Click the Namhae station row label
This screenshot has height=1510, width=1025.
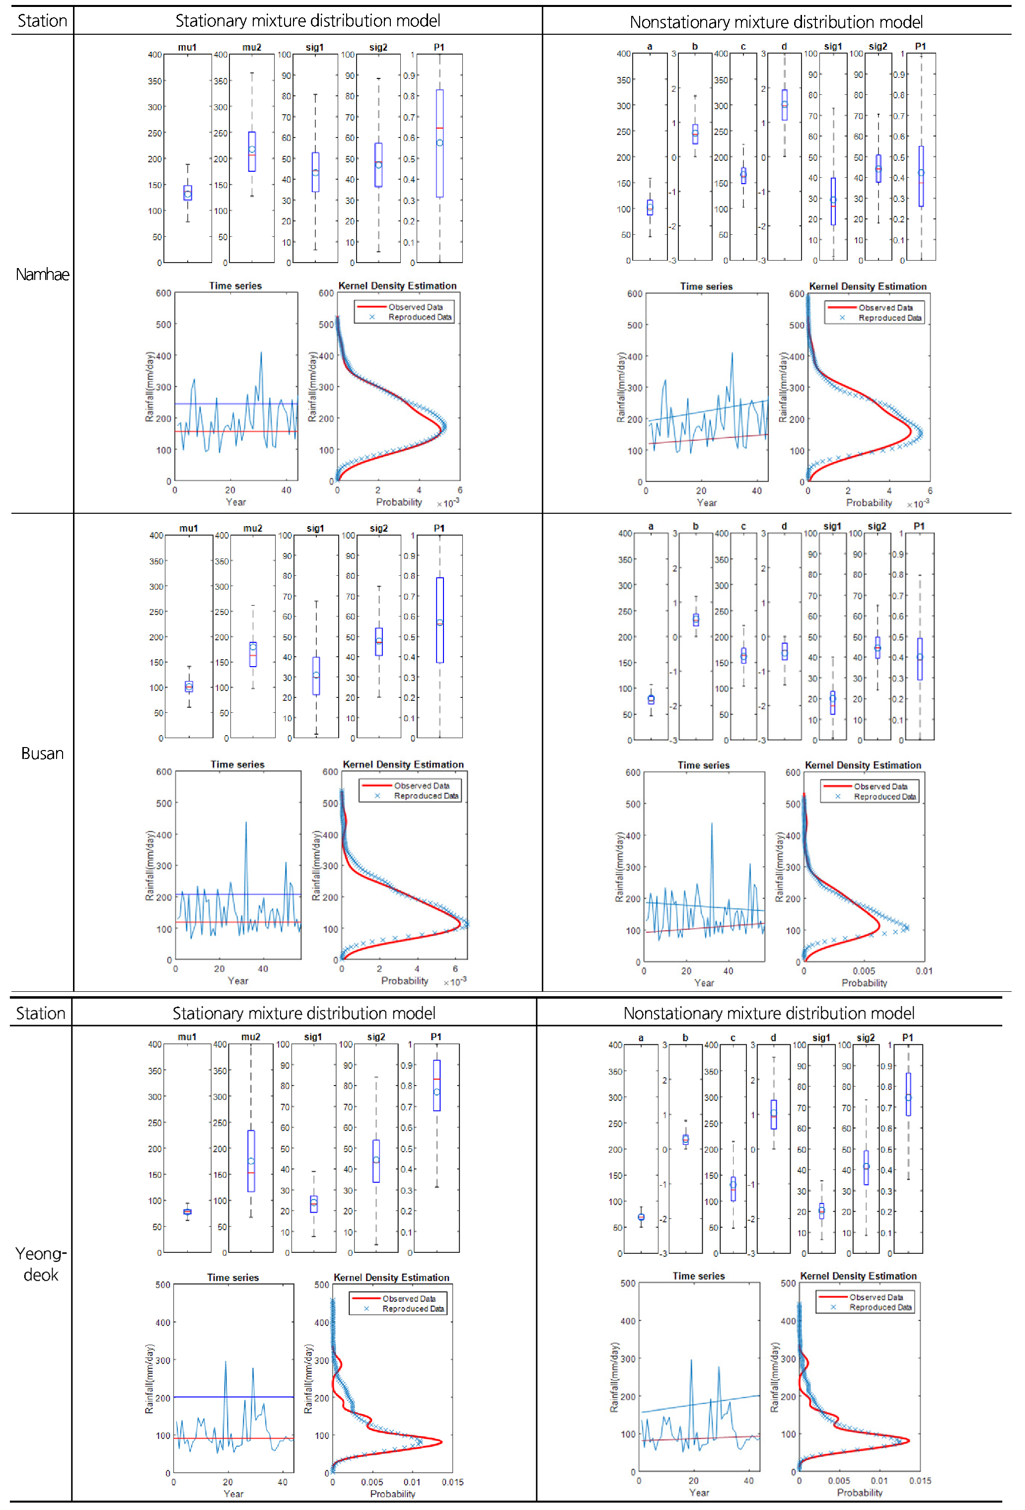[42, 274]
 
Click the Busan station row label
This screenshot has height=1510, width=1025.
[42, 753]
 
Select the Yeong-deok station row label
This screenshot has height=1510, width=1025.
[41, 1264]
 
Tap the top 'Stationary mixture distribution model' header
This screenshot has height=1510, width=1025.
[307, 21]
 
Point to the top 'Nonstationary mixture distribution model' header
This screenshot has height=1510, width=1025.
[776, 22]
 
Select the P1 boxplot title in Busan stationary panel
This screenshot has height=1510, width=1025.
[439, 528]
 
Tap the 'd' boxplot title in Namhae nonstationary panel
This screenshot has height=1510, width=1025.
[784, 46]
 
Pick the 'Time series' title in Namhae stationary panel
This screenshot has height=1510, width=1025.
[235, 286]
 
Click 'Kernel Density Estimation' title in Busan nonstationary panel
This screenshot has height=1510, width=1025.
[863, 765]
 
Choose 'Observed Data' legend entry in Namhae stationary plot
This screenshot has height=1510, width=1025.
[415, 307]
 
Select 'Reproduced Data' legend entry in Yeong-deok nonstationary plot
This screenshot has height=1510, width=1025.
[880, 1307]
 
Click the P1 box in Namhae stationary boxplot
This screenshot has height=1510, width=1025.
[440, 143]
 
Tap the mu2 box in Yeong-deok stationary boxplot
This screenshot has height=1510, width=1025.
[251, 1161]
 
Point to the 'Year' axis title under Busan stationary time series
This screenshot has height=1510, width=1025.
[238, 980]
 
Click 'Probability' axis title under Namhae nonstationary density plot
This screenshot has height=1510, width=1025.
[869, 503]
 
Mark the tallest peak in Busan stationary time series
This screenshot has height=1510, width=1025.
[246, 823]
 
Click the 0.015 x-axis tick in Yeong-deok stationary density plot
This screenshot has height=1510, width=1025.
[452, 1482]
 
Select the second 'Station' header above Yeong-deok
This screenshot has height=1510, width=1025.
[40, 1014]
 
